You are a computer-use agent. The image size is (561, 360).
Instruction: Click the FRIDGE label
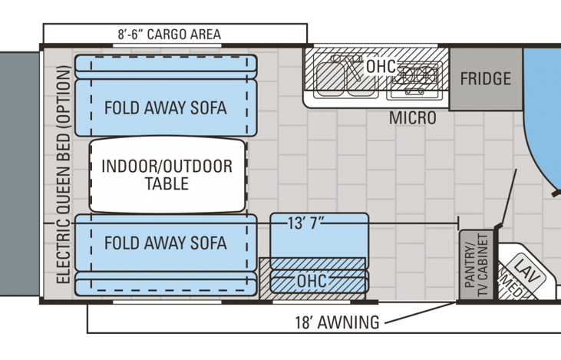coord(486,79)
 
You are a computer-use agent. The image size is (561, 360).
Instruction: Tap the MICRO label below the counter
coord(413,117)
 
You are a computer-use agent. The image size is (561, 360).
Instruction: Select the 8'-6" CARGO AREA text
coord(170,35)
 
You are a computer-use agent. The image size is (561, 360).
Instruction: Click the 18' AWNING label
coord(337,322)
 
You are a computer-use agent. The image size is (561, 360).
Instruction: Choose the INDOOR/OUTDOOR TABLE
coord(167,175)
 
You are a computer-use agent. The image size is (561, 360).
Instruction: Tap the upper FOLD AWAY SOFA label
coord(165,107)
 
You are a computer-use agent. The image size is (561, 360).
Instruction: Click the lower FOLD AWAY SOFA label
coord(165,243)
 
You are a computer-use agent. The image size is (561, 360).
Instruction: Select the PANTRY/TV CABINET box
coord(477,265)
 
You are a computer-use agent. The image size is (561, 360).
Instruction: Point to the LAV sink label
coord(526,270)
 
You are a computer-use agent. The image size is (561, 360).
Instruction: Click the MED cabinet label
coord(512,286)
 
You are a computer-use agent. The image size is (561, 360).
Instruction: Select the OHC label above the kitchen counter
coord(381,67)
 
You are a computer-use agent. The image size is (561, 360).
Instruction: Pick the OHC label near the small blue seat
coord(312,281)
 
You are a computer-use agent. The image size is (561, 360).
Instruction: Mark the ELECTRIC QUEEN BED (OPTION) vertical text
coord(63,175)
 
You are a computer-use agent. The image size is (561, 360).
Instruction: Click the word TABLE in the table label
coord(167,183)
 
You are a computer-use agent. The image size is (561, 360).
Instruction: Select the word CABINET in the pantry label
coord(483,265)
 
